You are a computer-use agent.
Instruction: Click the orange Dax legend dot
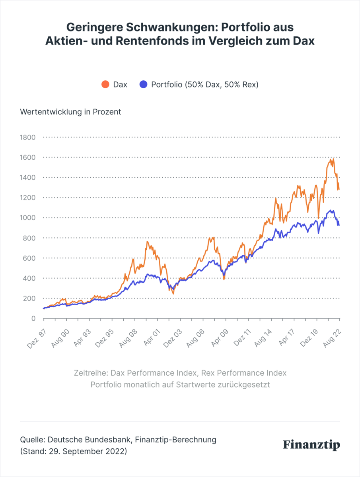tap(105, 84)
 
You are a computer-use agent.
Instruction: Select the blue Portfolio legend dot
tap(144, 84)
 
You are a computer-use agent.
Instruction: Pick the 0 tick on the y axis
tap(33, 318)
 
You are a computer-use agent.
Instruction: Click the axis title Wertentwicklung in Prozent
tap(70, 112)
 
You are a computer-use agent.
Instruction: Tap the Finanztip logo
tap(311, 445)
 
